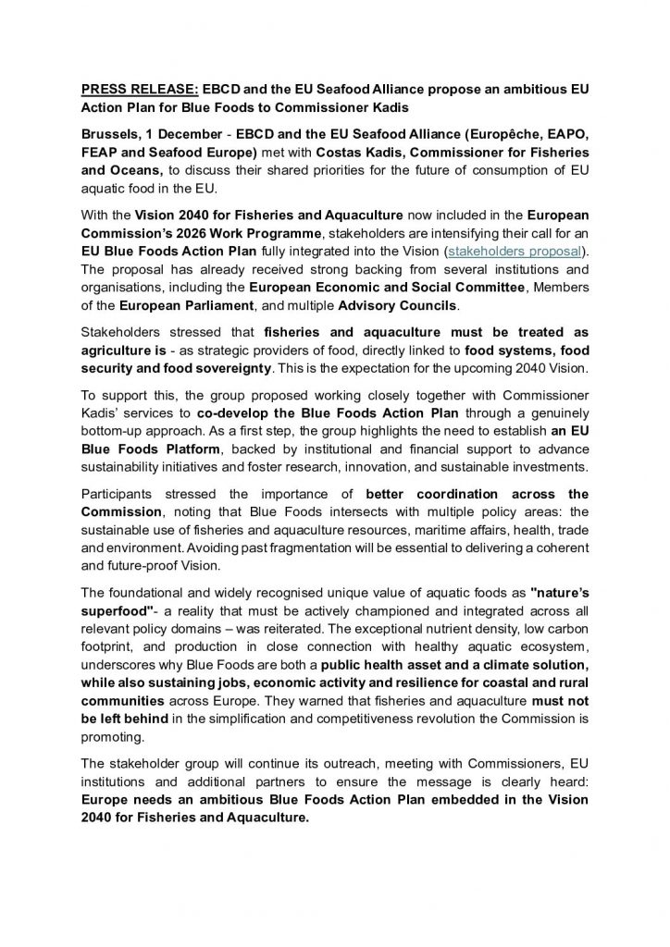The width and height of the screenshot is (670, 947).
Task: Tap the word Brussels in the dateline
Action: click(113, 129)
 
